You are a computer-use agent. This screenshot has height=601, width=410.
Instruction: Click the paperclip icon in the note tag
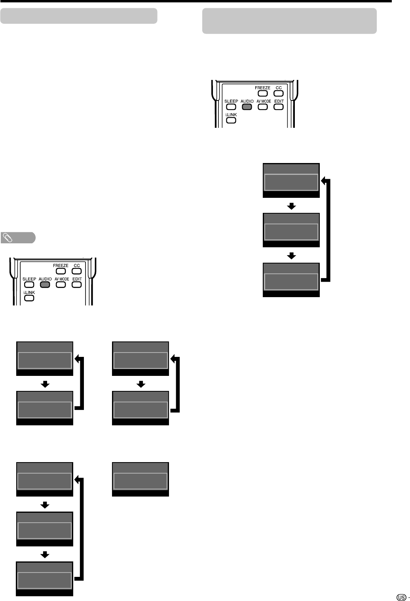pyautogui.click(x=8, y=238)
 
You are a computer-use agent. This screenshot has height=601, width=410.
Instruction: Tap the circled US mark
pyautogui.click(x=401, y=594)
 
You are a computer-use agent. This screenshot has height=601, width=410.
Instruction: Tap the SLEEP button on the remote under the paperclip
pyautogui.click(x=29, y=284)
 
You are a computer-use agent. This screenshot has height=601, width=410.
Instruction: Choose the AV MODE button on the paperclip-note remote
pyautogui.click(x=61, y=284)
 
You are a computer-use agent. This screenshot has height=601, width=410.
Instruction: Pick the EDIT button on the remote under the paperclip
pyautogui.click(x=77, y=284)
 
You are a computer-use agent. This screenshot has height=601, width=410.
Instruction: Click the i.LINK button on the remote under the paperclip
pyautogui.click(x=29, y=298)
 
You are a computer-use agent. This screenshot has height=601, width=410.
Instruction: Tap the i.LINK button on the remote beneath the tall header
pyautogui.click(x=231, y=120)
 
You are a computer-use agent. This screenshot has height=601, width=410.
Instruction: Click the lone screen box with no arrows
pyautogui.click(x=140, y=479)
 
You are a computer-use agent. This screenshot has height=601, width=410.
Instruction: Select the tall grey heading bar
pyautogui.click(x=289, y=21)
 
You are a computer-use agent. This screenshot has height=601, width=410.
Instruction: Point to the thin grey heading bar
pyautogui.click(x=79, y=16)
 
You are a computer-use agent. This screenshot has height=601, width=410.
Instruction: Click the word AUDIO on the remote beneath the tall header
pyautogui.click(x=247, y=101)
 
